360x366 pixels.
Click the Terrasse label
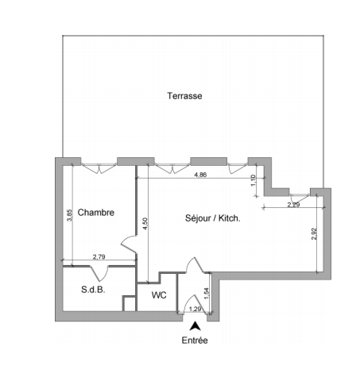pos(184,96)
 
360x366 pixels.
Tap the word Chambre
pos(96,212)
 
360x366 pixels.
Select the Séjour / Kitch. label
pos(213,218)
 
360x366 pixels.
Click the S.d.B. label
pos(93,290)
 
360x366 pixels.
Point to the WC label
pos(159,295)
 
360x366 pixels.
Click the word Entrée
pos(195,340)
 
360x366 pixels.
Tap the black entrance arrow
pos(195,326)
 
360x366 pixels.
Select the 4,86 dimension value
pos(200,175)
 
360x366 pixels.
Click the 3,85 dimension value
pos(69,215)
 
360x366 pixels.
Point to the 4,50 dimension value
pos(145,224)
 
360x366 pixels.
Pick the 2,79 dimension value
pos(99,256)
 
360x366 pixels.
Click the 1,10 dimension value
pos(253,180)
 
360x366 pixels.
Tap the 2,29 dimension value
pos(293,205)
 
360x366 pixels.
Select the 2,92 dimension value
pos(314,233)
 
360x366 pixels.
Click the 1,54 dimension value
pos(207,294)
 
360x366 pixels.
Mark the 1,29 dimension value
pos(195,309)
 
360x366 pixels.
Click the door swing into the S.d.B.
pos(99,273)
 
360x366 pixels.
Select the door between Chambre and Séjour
pos(129,244)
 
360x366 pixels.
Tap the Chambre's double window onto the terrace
pos(99,168)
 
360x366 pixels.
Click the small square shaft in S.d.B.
pos(130,303)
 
